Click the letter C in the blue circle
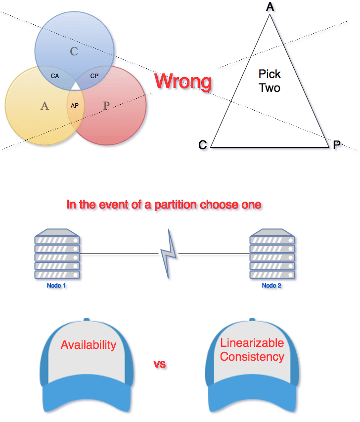tap(74, 51)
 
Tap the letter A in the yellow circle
tap(45, 105)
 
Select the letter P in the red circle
tap(106, 105)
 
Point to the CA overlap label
tap(55, 76)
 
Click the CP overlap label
tap(94, 76)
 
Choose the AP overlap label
tap(75, 105)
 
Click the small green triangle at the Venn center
tap(75, 87)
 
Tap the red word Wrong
tap(183, 82)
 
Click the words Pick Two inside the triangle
tap(270, 81)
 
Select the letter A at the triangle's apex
tap(270, 7)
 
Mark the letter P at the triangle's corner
tap(336, 145)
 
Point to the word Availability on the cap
tap(89, 345)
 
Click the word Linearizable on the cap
tap(252, 343)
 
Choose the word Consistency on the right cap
tap(252, 356)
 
